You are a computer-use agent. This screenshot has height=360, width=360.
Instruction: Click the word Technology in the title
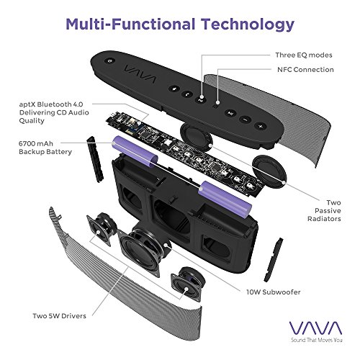[248, 24]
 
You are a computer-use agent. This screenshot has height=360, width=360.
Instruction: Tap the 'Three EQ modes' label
[304, 55]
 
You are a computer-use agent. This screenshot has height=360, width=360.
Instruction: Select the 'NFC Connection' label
[305, 70]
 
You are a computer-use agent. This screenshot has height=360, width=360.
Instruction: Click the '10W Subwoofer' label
[274, 292]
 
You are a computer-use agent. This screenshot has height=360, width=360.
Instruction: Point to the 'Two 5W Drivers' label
[59, 316]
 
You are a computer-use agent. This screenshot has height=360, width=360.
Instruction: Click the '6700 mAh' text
[36, 143]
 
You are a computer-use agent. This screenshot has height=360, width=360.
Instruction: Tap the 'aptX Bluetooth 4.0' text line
[51, 104]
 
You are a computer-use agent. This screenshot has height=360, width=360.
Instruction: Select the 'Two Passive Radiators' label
[324, 211]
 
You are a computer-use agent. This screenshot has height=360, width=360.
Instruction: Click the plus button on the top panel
[261, 126]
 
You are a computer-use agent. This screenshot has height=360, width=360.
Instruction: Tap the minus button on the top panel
[246, 119]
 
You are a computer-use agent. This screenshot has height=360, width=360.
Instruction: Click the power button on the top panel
[110, 60]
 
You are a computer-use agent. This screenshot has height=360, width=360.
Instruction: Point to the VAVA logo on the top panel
[140, 73]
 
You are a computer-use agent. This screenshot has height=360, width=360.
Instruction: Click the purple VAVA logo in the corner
[315, 328]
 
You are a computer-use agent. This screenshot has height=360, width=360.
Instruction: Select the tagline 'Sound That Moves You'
[317, 340]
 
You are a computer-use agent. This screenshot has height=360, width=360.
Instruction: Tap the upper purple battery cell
[135, 150]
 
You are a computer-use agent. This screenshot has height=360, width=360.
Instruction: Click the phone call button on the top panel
[187, 94]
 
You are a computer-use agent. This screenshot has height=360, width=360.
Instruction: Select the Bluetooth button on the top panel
[174, 89]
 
